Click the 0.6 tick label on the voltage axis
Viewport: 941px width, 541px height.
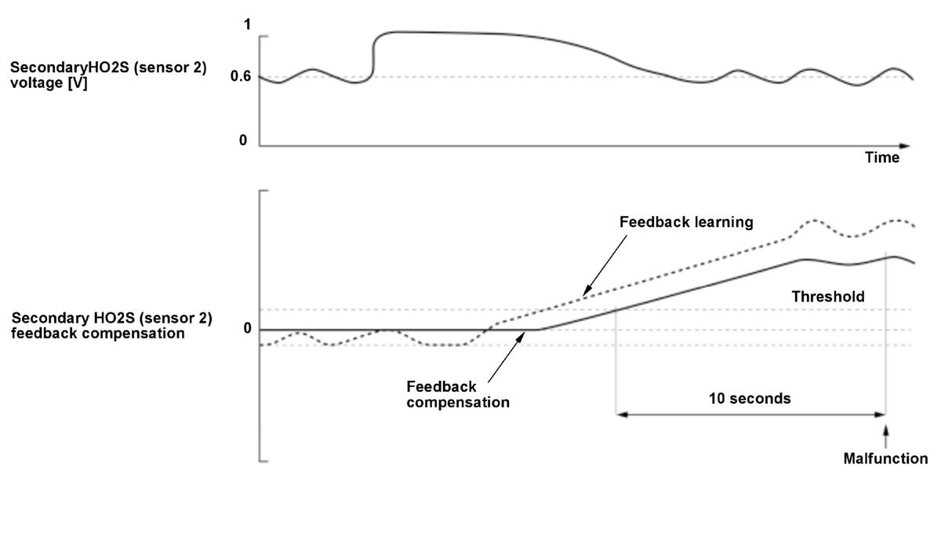pyautogui.click(x=240, y=77)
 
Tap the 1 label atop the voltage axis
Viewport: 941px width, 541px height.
pyautogui.click(x=248, y=25)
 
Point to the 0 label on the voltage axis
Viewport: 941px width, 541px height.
pyautogui.click(x=243, y=141)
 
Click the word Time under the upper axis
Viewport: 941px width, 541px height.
pyautogui.click(x=882, y=158)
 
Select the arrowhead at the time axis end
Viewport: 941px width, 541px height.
pyautogui.click(x=906, y=146)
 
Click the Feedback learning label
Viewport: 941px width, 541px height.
pyautogui.click(x=686, y=222)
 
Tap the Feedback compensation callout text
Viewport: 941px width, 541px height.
pyautogui.click(x=458, y=395)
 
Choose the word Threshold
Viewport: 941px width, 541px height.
pyautogui.click(x=828, y=297)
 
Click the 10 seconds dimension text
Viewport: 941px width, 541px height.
pyautogui.click(x=750, y=399)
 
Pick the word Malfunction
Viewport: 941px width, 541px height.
pyautogui.click(x=885, y=459)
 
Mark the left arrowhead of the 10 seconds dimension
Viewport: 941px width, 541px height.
pyautogui.click(x=620, y=414)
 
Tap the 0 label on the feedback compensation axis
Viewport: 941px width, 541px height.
pyautogui.click(x=248, y=328)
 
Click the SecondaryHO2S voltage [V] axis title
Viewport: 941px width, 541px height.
pyautogui.click(x=108, y=75)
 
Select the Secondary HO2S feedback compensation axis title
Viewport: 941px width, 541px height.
pyautogui.click(x=111, y=326)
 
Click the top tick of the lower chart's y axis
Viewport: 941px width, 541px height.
pyautogui.click(x=264, y=191)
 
